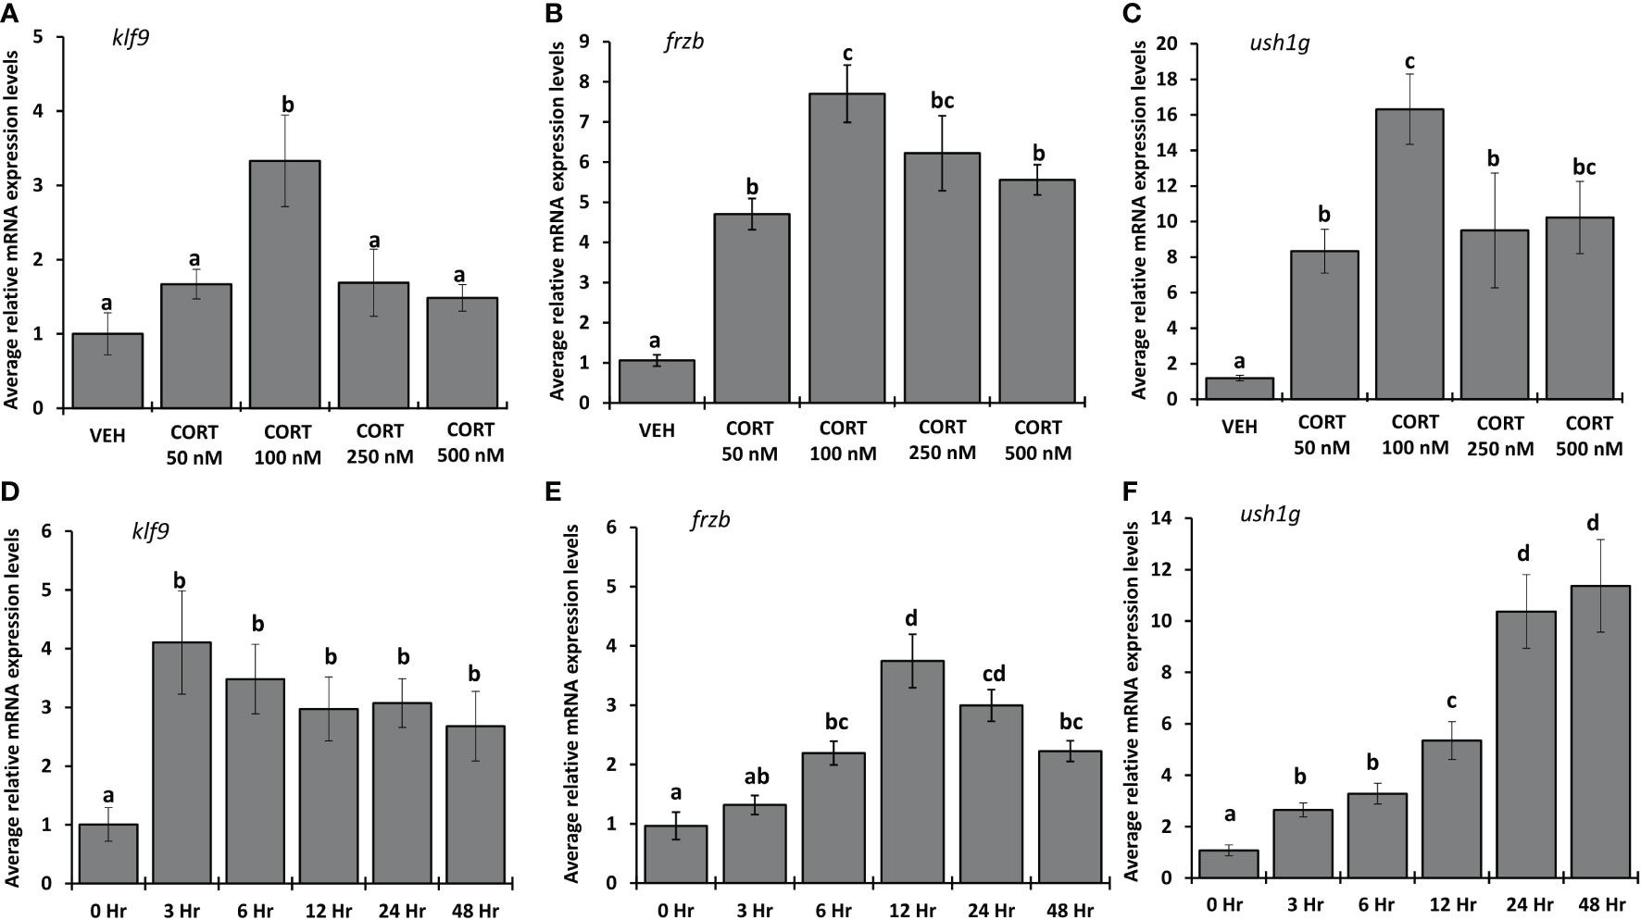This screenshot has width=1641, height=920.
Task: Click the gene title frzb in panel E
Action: (x=710, y=519)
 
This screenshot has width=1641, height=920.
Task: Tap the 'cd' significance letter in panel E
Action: (x=993, y=674)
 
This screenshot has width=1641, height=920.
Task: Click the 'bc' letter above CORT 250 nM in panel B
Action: (x=942, y=100)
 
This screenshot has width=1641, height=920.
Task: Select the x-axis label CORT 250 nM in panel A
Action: (x=380, y=443)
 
